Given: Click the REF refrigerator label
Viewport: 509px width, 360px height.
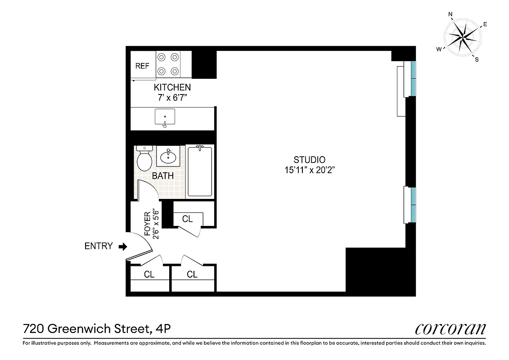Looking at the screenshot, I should (x=142, y=66).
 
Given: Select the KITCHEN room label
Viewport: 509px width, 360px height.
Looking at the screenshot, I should (x=172, y=87).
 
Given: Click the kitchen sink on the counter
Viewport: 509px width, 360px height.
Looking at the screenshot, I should (x=165, y=117).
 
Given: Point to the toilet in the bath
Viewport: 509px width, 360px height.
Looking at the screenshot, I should (x=144, y=159).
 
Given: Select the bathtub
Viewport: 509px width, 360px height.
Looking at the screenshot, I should (x=199, y=171).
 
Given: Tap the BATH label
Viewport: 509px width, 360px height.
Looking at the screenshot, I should (x=162, y=176).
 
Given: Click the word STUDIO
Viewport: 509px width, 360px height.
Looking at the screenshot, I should (x=309, y=159).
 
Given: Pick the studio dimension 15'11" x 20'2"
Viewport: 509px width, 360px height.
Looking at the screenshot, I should (x=309, y=170).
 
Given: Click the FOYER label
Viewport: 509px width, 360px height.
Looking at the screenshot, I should (x=147, y=224).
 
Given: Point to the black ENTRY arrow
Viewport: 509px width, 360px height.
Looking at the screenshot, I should (x=122, y=246).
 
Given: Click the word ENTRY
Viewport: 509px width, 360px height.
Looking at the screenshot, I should (x=98, y=246).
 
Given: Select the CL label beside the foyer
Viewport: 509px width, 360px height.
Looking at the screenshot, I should (x=187, y=219).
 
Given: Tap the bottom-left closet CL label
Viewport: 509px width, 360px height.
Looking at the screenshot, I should (x=149, y=274).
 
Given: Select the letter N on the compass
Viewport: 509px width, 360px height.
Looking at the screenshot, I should (x=450, y=14).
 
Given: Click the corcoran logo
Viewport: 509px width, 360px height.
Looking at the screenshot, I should (x=450, y=329).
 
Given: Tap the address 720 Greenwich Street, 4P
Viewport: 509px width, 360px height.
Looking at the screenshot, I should (x=96, y=329).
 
